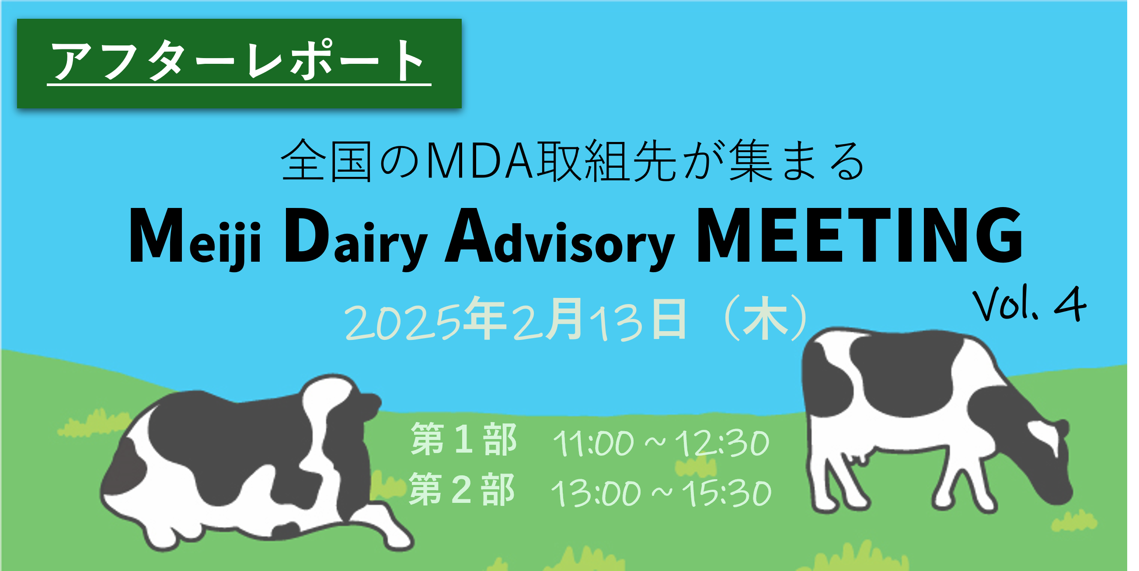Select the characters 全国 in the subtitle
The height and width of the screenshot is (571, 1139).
point(327,161)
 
